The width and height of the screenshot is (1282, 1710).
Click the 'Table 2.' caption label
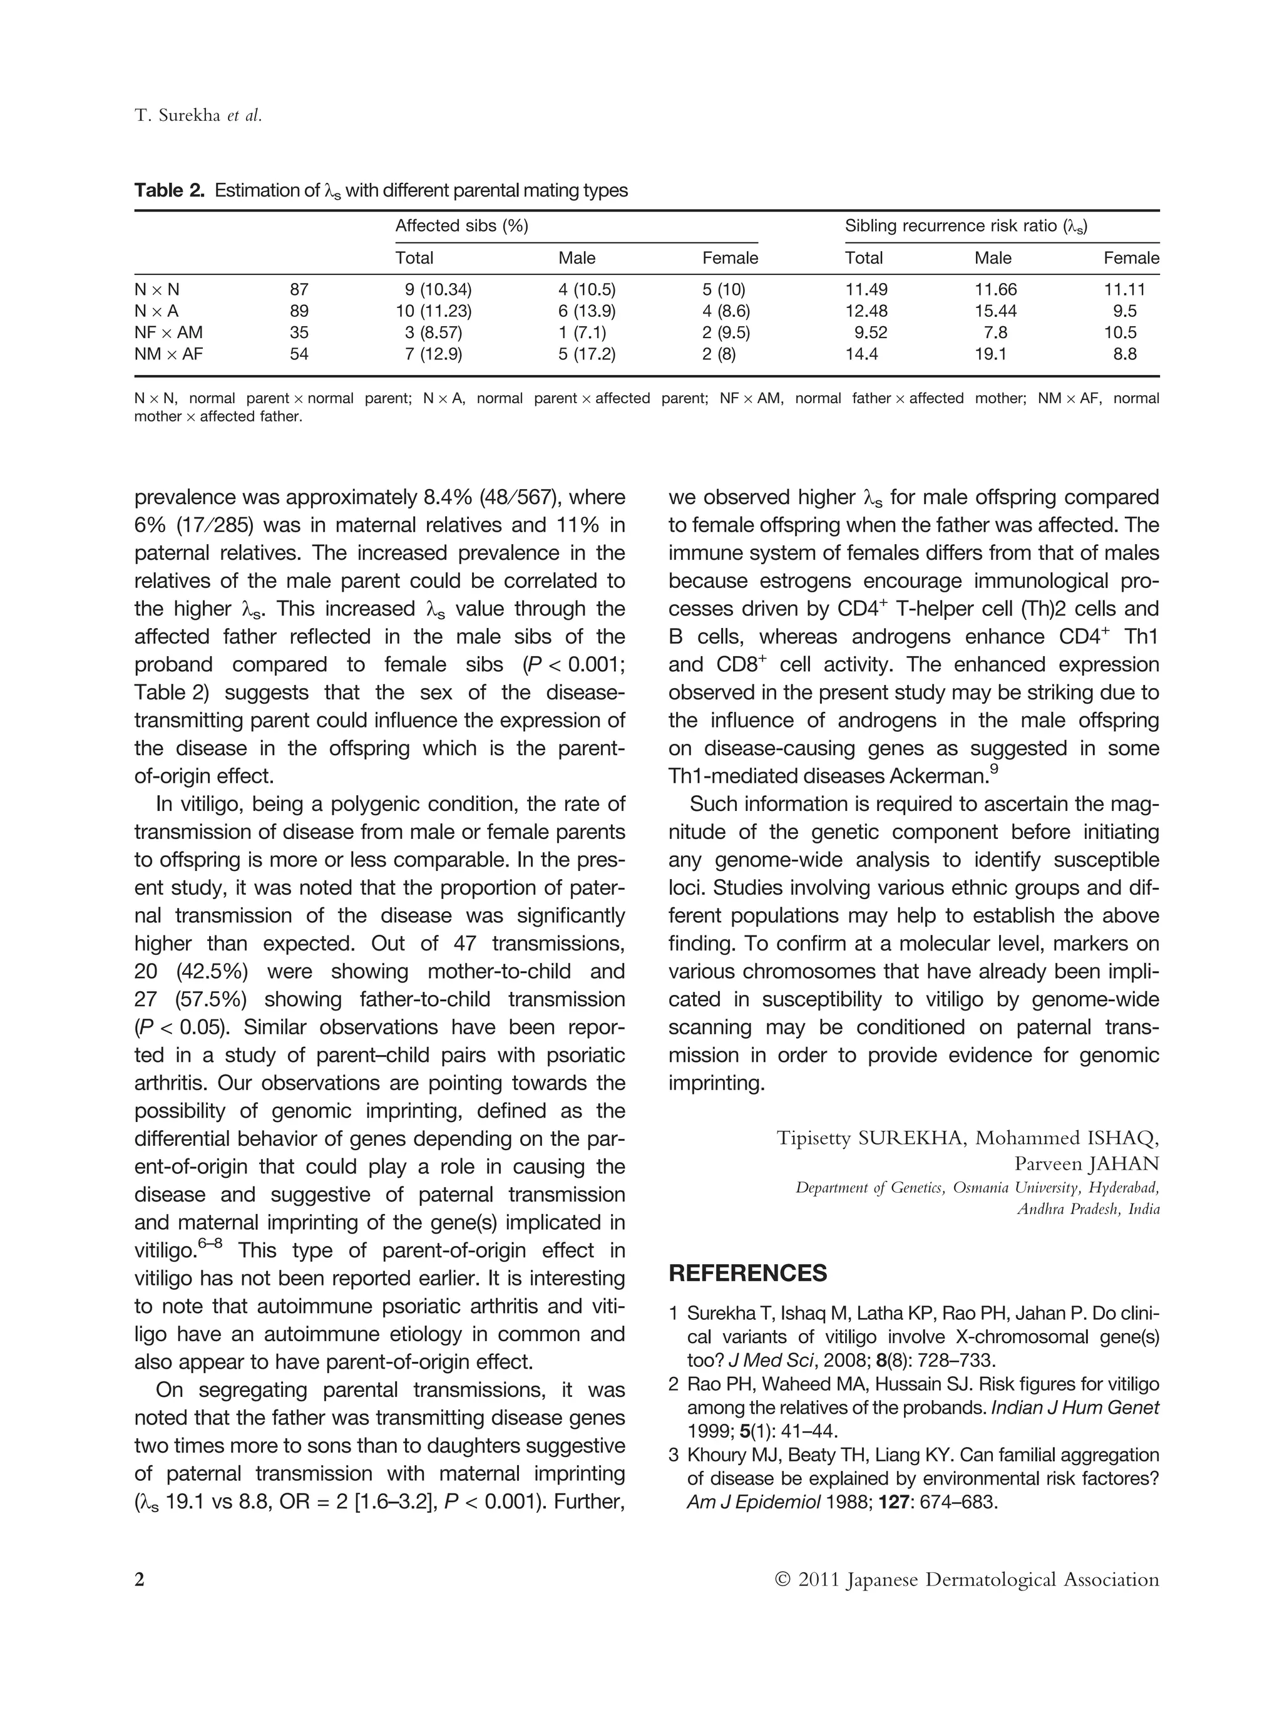pos(169,190)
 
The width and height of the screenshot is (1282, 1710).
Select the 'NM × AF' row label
pos(168,354)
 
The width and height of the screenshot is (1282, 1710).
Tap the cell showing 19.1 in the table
pos(992,354)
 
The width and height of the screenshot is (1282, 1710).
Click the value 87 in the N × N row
pos(299,290)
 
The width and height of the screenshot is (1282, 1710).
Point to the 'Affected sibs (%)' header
pos(461,226)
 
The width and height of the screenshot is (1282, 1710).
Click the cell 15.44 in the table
pos(995,311)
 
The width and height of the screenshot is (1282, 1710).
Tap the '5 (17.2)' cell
pos(587,354)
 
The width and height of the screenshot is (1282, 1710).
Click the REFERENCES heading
pos(747,1273)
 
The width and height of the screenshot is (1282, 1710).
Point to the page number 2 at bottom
pos(140,1579)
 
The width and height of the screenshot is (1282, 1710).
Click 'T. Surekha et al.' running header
pos(198,116)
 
